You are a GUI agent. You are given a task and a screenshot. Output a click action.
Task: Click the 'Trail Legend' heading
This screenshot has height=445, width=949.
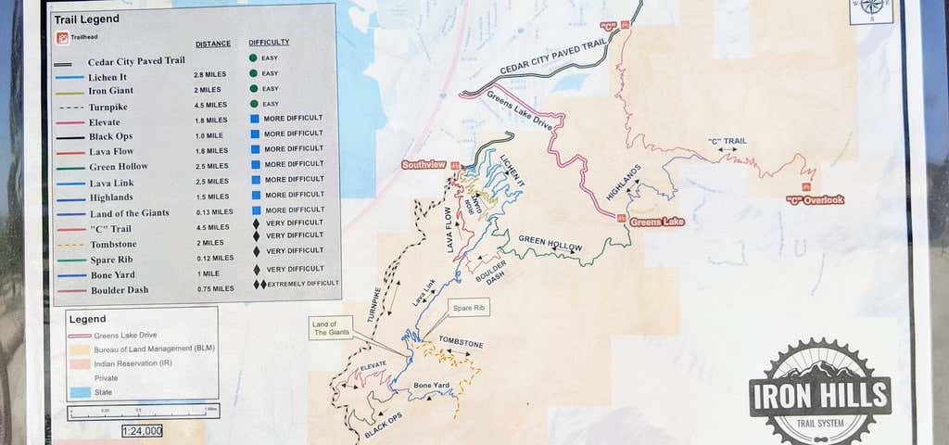(87, 19)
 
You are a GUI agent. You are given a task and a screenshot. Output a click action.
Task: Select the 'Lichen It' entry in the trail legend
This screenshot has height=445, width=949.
(109, 76)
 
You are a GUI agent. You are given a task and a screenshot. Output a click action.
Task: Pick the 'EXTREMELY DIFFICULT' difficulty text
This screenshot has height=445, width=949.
(303, 284)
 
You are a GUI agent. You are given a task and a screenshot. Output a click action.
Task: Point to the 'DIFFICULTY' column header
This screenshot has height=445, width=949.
(269, 43)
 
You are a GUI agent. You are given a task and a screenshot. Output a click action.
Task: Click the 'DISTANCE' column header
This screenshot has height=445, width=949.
(213, 44)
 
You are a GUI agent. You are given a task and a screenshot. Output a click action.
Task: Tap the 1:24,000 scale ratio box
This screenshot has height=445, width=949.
(142, 430)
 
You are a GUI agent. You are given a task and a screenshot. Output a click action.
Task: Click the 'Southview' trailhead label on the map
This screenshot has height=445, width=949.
(424, 165)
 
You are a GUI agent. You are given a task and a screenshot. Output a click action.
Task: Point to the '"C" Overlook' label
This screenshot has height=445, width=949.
(815, 199)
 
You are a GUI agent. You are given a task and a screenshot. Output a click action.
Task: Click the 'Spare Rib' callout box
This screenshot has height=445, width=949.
(467, 307)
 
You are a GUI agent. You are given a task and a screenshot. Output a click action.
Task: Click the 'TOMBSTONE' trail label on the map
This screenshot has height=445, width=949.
(461, 344)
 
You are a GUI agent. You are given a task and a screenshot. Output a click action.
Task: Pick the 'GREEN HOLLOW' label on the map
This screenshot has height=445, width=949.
(550, 243)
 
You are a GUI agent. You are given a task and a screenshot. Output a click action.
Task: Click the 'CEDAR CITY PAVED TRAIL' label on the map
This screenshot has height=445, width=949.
(552, 57)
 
